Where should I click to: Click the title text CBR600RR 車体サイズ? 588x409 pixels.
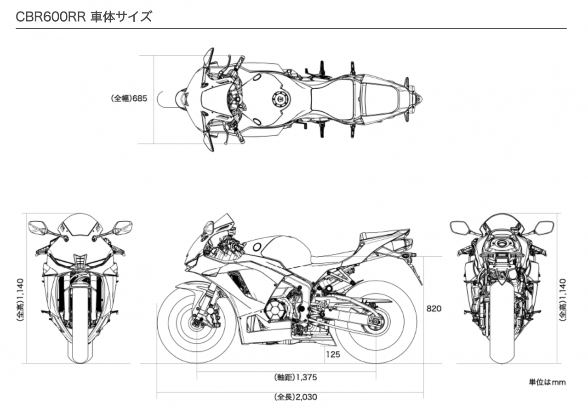point(84,17)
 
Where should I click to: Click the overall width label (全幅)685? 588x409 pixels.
point(129,98)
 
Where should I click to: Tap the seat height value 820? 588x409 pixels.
point(434,308)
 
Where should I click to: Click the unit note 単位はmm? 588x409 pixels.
point(547,382)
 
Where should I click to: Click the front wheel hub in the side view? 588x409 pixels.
point(195,321)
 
